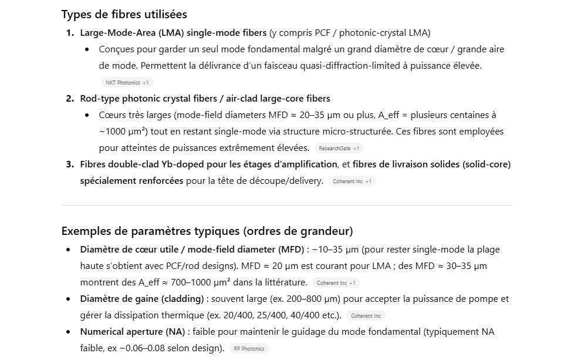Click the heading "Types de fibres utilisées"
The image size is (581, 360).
click(x=124, y=14)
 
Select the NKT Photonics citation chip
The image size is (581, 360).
click(x=127, y=83)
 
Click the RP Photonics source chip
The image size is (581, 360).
click(x=249, y=349)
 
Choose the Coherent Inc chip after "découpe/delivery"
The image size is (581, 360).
click(x=352, y=181)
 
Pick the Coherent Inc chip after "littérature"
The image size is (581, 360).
click(x=336, y=283)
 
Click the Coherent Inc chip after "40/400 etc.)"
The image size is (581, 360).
click(x=366, y=316)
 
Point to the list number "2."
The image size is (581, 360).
click(x=70, y=99)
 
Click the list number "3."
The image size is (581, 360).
click(x=70, y=164)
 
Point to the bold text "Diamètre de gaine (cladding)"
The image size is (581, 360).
click(x=142, y=299)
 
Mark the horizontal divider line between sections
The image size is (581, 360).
click(x=286, y=206)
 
